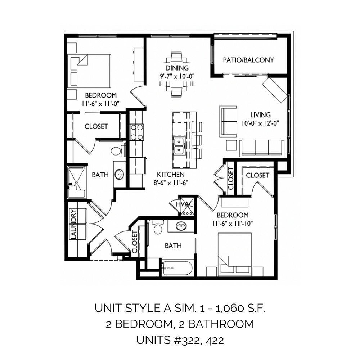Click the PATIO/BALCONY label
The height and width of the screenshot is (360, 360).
pyautogui.click(x=248, y=60)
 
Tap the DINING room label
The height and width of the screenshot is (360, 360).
pyautogui.click(x=177, y=68)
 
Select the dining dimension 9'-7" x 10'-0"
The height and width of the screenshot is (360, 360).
pyautogui.click(x=177, y=76)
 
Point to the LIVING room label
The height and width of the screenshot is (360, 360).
pyautogui.click(x=260, y=115)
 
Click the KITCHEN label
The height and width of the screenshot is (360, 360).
pyautogui.click(x=171, y=175)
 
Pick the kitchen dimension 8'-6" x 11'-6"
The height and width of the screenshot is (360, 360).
pyautogui.click(x=171, y=183)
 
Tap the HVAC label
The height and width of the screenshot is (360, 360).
pyautogui.click(x=185, y=204)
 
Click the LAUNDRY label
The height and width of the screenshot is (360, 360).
pyautogui.click(x=73, y=224)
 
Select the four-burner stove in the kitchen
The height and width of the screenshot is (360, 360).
pyautogui.click(x=136, y=132)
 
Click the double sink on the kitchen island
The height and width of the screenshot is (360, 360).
pyautogui.click(x=179, y=146)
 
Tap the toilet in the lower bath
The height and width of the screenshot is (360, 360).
pyautogui.click(x=158, y=227)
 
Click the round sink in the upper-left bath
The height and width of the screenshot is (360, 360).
pyautogui.click(x=120, y=175)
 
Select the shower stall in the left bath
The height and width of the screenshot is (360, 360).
pyautogui.click(x=76, y=183)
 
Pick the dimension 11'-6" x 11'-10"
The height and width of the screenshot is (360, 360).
pyautogui.click(x=233, y=224)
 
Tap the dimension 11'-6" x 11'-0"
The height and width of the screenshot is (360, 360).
pyautogui.click(x=101, y=104)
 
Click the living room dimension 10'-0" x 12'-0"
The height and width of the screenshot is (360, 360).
pyautogui.click(x=260, y=123)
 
